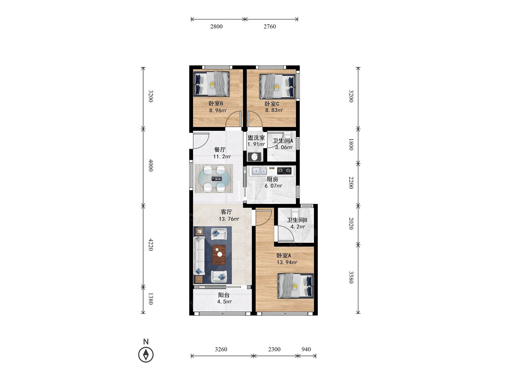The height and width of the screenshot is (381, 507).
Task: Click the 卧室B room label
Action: (x=216, y=103)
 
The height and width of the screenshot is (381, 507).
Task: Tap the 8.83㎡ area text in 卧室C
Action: (x=274, y=110)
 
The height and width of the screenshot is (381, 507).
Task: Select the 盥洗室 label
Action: (x=256, y=138)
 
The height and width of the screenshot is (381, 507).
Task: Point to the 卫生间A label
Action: (x=283, y=141)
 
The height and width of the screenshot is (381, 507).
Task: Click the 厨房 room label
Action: (x=273, y=179)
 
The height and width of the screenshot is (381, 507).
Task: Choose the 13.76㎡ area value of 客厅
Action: (x=229, y=219)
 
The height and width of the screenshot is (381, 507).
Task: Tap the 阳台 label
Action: (x=224, y=295)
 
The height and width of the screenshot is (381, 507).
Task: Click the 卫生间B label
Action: (x=297, y=220)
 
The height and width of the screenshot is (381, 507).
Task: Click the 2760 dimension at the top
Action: (x=270, y=26)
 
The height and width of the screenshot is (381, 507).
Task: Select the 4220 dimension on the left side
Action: (x=151, y=245)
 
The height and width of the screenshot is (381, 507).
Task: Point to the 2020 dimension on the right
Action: (x=351, y=224)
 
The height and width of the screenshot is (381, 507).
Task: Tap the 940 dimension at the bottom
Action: (x=306, y=349)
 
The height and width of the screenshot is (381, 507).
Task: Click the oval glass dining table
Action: (x=214, y=179)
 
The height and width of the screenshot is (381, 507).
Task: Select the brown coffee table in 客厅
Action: (x=219, y=255)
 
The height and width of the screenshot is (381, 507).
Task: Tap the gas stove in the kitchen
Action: (x=284, y=170)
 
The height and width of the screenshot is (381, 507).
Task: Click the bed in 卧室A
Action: (x=296, y=286)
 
